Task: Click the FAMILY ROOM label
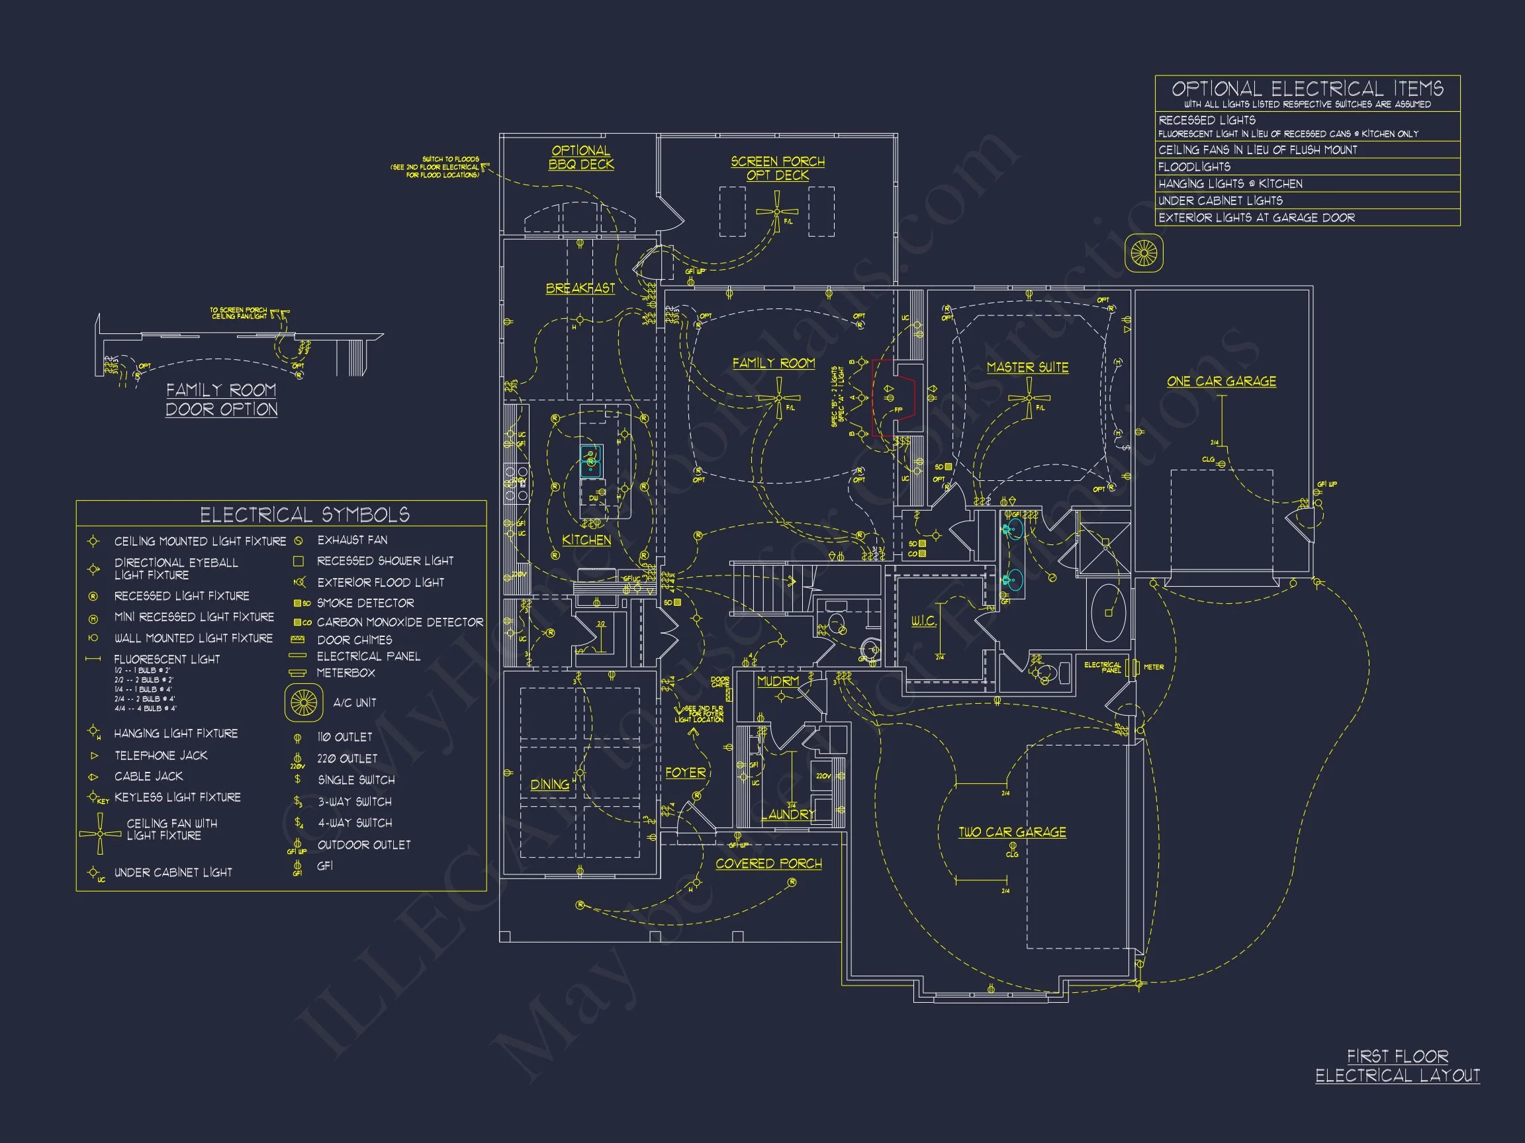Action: click(773, 363)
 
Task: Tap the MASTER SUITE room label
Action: click(1027, 367)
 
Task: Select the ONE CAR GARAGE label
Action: click(1221, 381)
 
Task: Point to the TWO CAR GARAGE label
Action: click(1011, 831)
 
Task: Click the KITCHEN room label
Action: click(586, 540)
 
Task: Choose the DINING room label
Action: click(549, 784)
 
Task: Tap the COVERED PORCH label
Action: click(768, 863)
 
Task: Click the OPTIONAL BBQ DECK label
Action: click(580, 157)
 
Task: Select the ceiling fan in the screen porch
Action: click(777, 212)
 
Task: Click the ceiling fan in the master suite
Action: click(1029, 398)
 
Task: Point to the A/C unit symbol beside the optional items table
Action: click(1144, 253)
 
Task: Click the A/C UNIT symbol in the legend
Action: click(303, 702)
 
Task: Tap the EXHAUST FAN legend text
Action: click(351, 540)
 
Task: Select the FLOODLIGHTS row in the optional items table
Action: click(1307, 167)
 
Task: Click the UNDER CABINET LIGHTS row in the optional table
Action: click(1307, 200)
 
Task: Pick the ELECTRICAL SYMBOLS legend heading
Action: click(304, 515)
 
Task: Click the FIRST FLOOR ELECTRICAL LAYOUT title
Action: click(1397, 1066)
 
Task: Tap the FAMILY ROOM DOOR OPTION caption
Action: click(221, 400)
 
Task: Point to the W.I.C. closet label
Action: click(923, 620)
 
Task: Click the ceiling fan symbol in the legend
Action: click(100, 833)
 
